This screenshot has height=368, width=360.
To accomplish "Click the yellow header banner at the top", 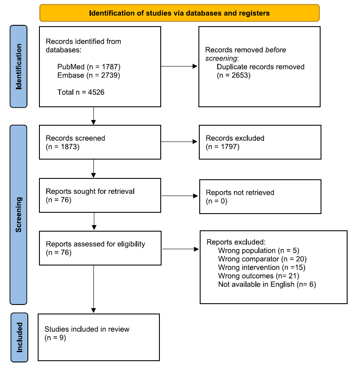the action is (180, 13).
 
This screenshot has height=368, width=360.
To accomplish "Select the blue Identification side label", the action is (18, 66).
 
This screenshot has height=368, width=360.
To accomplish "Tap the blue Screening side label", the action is (18, 215).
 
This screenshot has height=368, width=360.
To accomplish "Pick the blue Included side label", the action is (19, 337).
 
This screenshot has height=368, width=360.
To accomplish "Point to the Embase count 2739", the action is (110, 75).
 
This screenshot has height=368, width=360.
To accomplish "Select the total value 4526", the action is (96, 92).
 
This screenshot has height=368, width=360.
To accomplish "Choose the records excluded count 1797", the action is (229, 147).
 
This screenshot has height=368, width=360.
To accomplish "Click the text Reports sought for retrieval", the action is (90, 191).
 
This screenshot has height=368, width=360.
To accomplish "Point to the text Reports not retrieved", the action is (240, 193).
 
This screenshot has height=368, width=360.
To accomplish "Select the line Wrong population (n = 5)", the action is (259, 250).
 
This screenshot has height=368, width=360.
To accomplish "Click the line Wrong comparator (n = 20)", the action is (262, 259).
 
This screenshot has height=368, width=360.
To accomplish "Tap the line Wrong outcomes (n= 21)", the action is (259, 276).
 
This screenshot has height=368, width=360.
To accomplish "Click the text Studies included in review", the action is (87, 329).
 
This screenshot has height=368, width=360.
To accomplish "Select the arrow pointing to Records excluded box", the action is (179, 142).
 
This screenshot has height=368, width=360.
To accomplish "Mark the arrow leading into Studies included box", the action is (93, 289).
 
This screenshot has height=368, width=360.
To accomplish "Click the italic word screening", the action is (221, 58).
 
